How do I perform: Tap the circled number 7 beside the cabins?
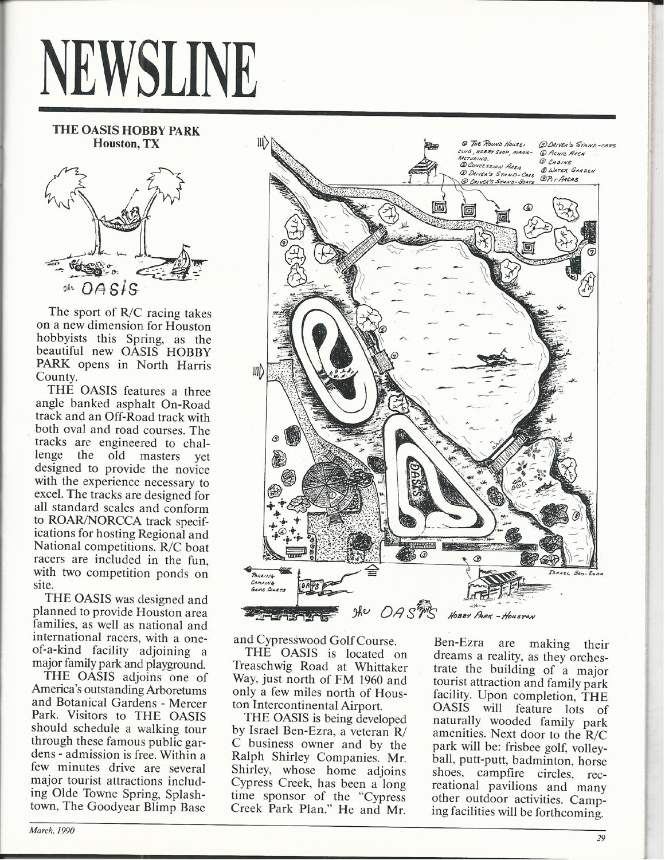point(592,250)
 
